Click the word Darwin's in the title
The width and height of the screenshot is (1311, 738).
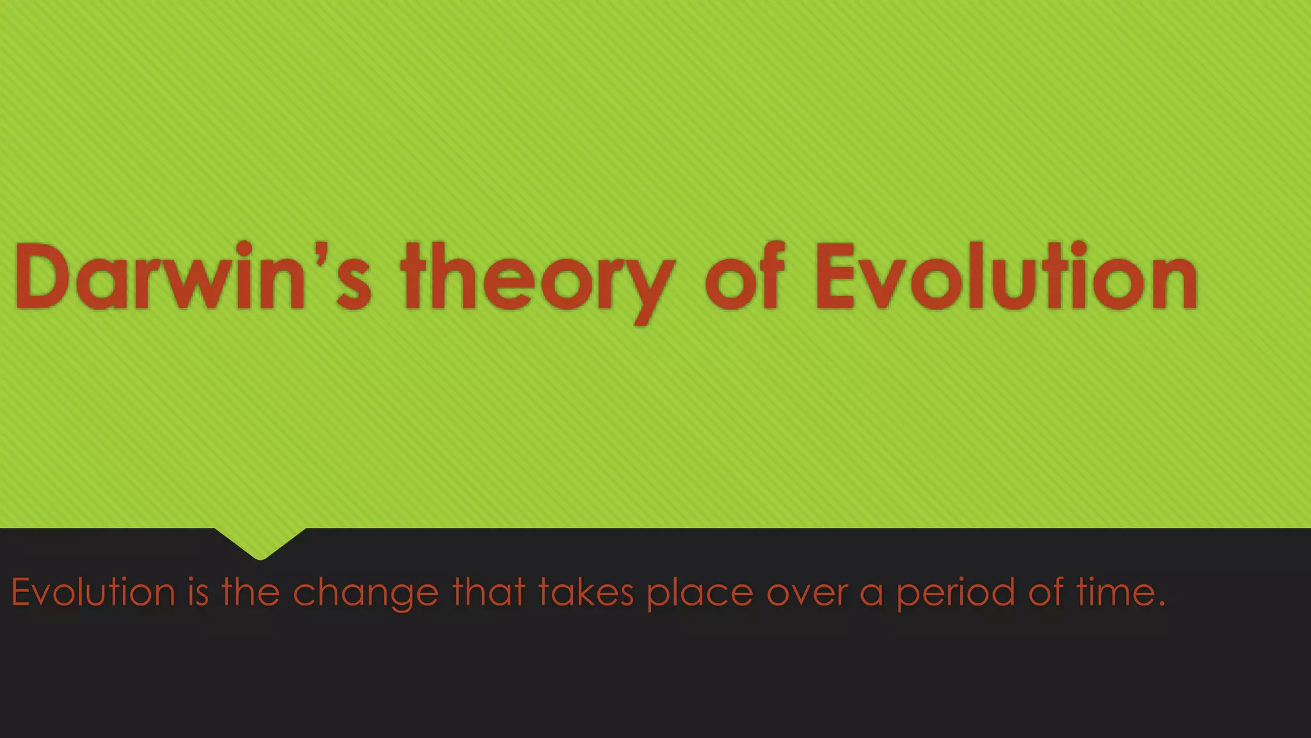coord(192,277)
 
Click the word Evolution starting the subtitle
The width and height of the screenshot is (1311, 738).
coord(93,592)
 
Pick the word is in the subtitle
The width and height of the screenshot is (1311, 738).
coord(198,592)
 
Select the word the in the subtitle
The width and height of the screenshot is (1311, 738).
coord(251,592)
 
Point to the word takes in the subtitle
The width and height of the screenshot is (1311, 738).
coord(586,592)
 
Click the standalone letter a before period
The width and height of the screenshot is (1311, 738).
coord(871,596)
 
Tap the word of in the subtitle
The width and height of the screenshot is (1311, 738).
coord(1047,592)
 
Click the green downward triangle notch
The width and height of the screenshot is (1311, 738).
coord(260,543)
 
